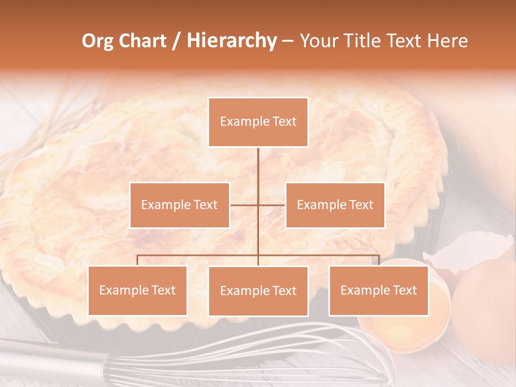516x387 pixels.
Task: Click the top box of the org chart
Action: pos(258,122)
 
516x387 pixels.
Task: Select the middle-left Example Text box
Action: pos(180,205)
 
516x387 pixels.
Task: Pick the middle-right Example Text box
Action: pos(335,205)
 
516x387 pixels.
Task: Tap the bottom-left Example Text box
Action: pos(138,290)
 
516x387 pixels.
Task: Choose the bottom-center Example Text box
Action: pos(258,291)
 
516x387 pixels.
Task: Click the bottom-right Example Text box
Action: pos(378,290)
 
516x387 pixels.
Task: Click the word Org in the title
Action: pos(97,41)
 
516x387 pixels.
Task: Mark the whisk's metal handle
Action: pos(48,357)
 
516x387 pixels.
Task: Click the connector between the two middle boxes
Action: pos(258,205)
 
